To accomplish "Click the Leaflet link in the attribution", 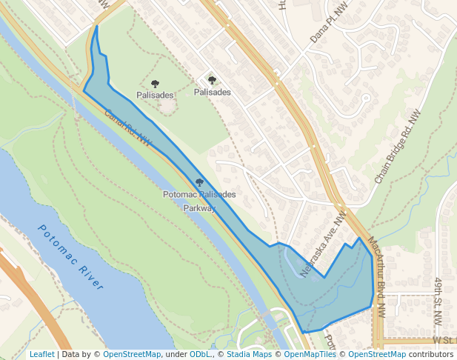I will pyautogui.click(x=41, y=355).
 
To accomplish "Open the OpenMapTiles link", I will pyautogui.click(x=310, y=355).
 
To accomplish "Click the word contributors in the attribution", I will pyautogui.click(x=431, y=355).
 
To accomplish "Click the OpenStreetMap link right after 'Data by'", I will pyautogui.click(x=132, y=355).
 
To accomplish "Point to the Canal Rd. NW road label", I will pyautogui.click(x=127, y=127).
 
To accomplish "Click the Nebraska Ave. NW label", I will pyautogui.click(x=324, y=244).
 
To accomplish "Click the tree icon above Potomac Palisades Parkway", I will pyautogui.click(x=199, y=182).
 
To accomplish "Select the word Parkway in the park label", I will pyautogui.click(x=199, y=208).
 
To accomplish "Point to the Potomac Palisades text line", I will pyautogui.click(x=199, y=195).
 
